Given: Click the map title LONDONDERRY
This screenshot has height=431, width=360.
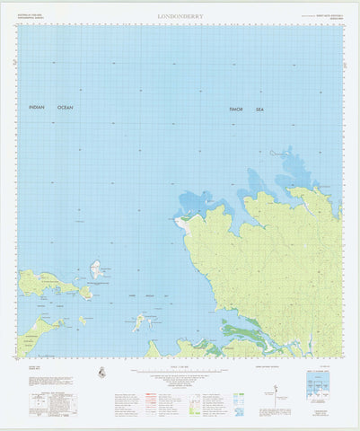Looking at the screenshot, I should pyautogui.click(x=180, y=16).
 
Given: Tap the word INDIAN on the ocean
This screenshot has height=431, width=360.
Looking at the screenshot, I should pyautogui.click(x=36, y=108).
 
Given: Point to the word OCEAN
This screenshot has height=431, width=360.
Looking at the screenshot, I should pyautogui.click(x=66, y=108).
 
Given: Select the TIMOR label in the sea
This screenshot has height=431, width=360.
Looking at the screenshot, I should pyautogui.click(x=236, y=110).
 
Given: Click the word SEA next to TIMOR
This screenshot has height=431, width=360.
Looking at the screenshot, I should pyautogui.click(x=260, y=110).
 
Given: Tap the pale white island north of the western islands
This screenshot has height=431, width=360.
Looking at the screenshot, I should pyautogui.click(x=95, y=269).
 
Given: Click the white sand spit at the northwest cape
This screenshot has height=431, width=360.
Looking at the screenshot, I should pyautogui.click(x=184, y=217).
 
